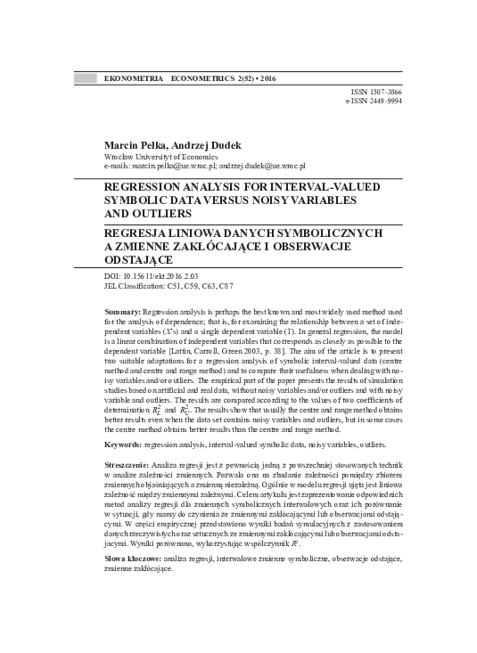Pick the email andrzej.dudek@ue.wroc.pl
263,166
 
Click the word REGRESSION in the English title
147,188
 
